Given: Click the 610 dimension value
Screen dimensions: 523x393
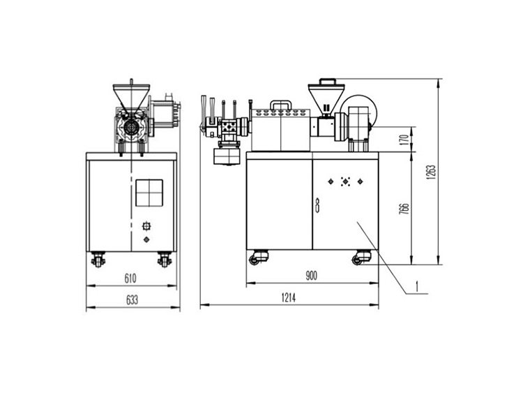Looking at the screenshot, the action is click(x=130, y=278).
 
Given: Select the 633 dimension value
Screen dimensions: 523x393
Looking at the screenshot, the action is click(x=132, y=300).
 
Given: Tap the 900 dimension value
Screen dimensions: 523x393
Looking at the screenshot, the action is click(x=311, y=276).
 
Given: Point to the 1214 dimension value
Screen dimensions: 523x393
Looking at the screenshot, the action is click(x=289, y=297).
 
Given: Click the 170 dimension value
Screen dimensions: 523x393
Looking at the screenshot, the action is click(x=404, y=139).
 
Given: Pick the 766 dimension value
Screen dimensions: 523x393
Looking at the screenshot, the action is click(x=404, y=208).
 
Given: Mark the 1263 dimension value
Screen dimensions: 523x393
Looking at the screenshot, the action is click(x=431, y=172).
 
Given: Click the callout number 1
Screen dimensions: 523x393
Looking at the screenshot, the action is click(x=416, y=286).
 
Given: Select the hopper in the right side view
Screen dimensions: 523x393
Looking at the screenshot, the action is click(x=326, y=97).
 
